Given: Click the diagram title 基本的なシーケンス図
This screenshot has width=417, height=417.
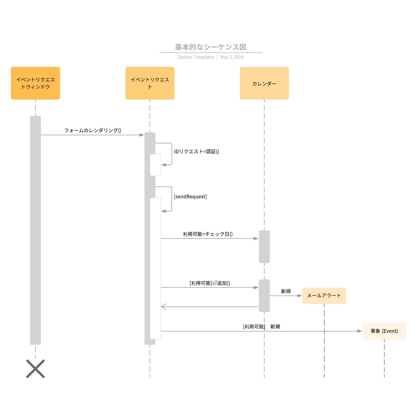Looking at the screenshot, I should point(211,47).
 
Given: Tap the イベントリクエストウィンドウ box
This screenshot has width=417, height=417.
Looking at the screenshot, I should point(35,83).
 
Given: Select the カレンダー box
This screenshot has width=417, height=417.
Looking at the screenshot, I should point(264,83).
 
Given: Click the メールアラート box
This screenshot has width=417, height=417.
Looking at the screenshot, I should point(324,296).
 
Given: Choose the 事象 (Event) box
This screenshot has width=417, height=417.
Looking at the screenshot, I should point(384,331).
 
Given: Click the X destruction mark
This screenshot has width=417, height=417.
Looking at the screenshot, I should point(35,369).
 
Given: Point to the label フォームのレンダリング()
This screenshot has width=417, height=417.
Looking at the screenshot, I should point(93,130).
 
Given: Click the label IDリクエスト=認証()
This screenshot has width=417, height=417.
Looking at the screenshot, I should point(197,151).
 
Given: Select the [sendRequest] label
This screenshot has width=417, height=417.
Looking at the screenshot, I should point(190,197).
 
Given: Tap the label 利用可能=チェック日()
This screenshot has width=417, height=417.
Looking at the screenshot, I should point(208,234).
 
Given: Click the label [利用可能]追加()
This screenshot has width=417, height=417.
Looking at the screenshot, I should point(210,283).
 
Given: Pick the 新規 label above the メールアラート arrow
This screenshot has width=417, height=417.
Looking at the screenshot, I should point(286,291).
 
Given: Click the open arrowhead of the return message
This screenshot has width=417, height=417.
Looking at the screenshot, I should point(163,307).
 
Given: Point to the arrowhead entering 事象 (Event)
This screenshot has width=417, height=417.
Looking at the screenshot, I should point(360,331).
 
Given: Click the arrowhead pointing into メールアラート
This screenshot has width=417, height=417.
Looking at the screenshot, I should point(300,296).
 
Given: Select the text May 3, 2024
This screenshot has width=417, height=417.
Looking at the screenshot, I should point(232,57).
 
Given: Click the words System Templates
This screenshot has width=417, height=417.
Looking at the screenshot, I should point(196,57).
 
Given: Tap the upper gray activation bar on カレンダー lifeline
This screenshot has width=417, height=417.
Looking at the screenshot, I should point(264,247).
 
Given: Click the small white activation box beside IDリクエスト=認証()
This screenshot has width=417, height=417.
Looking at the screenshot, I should point(155,165).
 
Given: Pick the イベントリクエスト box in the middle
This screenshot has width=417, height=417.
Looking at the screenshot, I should point(150,83).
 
